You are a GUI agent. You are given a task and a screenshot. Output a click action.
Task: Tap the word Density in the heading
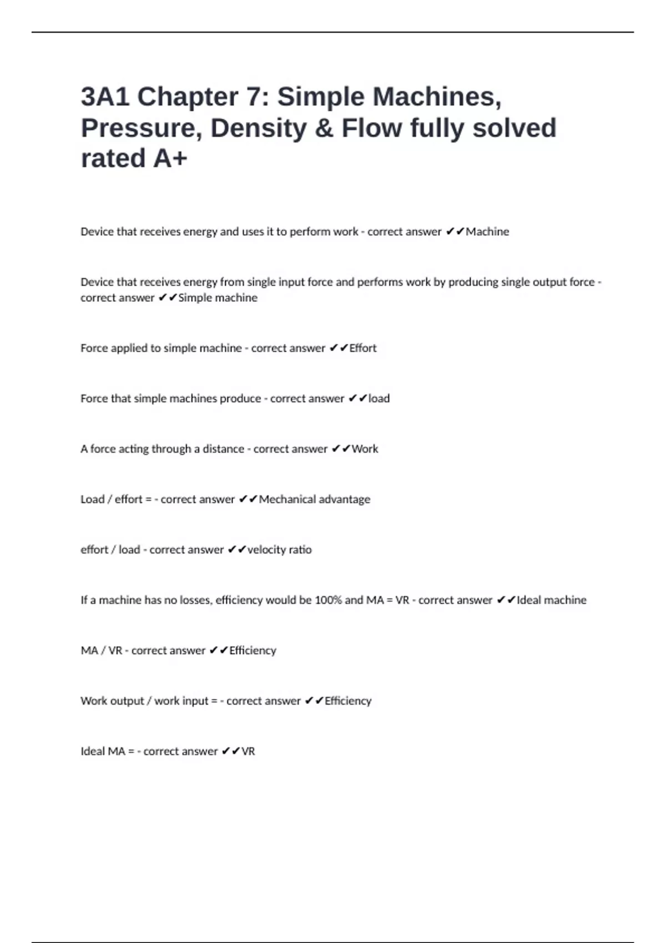(x=259, y=128)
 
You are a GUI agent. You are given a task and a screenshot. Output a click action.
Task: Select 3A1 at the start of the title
(x=105, y=97)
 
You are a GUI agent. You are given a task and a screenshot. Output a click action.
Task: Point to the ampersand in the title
(x=324, y=128)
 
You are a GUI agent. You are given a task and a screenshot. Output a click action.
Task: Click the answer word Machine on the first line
(x=487, y=232)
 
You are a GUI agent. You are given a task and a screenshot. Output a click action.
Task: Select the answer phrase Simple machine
(x=218, y=298)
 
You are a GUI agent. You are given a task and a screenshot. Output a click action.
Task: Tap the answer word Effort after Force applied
(x=363, y=348)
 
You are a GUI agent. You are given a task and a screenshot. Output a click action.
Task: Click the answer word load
(x=379, y=399)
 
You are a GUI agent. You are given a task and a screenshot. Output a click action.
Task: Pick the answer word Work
(x=365, y=449)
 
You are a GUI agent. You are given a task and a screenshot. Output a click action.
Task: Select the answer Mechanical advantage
(x=315, y=500)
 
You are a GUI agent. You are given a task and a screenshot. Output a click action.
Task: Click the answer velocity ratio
(x=280, y=550)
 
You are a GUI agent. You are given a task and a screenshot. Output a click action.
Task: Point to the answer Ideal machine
(x=552, y=600)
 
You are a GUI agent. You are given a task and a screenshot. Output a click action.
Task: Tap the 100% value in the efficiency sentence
(x=328, y=600)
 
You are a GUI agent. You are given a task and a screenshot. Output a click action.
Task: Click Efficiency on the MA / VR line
(x=253, y=651)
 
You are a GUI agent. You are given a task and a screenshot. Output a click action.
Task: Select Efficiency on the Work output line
(x=348, y=701)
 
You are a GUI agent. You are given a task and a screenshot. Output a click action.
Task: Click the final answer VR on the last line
(x=248, y=752)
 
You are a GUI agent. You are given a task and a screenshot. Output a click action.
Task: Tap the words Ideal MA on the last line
(x=103, y=752)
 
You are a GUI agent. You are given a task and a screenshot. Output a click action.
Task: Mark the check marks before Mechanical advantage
(x=248, y=500)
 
